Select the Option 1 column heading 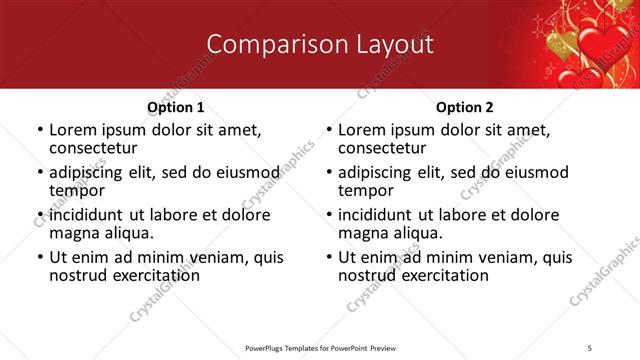click(176, 107)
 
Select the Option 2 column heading click(464, 107)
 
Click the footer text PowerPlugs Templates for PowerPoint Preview click(320, 347)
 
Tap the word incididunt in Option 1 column click(92, 215)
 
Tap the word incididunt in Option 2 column click(381, 215)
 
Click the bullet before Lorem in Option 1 click(39, 130)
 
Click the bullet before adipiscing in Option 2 click(328, 172)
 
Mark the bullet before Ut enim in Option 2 click(328, 257)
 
